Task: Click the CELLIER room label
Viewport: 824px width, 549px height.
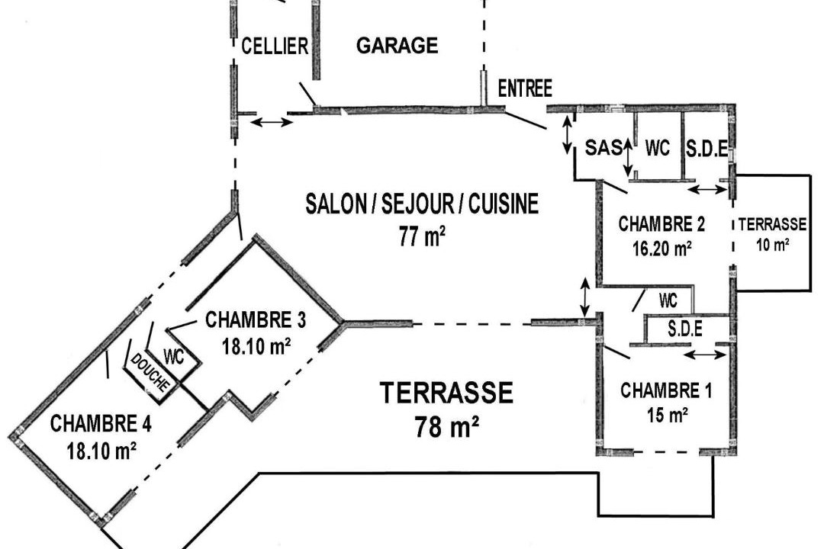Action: [275, 46]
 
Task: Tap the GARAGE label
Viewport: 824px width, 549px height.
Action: [398, 45]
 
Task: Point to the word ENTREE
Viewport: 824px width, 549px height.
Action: [525, 88]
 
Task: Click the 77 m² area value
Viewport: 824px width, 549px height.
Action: [422, 236]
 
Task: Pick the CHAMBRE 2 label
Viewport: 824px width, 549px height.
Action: [661, 224]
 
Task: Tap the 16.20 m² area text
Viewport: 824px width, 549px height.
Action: [661, 248]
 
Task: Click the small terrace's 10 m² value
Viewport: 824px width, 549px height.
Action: [772, 244]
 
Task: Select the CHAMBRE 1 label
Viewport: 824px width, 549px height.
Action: [666, 391]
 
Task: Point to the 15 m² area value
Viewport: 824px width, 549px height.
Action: [668, 415]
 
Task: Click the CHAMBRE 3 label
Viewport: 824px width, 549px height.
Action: [256, 320]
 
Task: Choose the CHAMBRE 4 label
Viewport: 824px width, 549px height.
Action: [101, 423]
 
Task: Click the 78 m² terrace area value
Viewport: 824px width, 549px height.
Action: [446, 426]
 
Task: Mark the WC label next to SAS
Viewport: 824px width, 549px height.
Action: [658, 148]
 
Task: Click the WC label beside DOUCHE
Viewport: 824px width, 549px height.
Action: [174, 357]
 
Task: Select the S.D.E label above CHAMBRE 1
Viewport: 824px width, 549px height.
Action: [685, 329]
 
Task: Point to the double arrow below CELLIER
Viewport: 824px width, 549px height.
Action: [271, 123]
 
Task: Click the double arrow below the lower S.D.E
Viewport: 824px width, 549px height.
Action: [706, 355]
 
